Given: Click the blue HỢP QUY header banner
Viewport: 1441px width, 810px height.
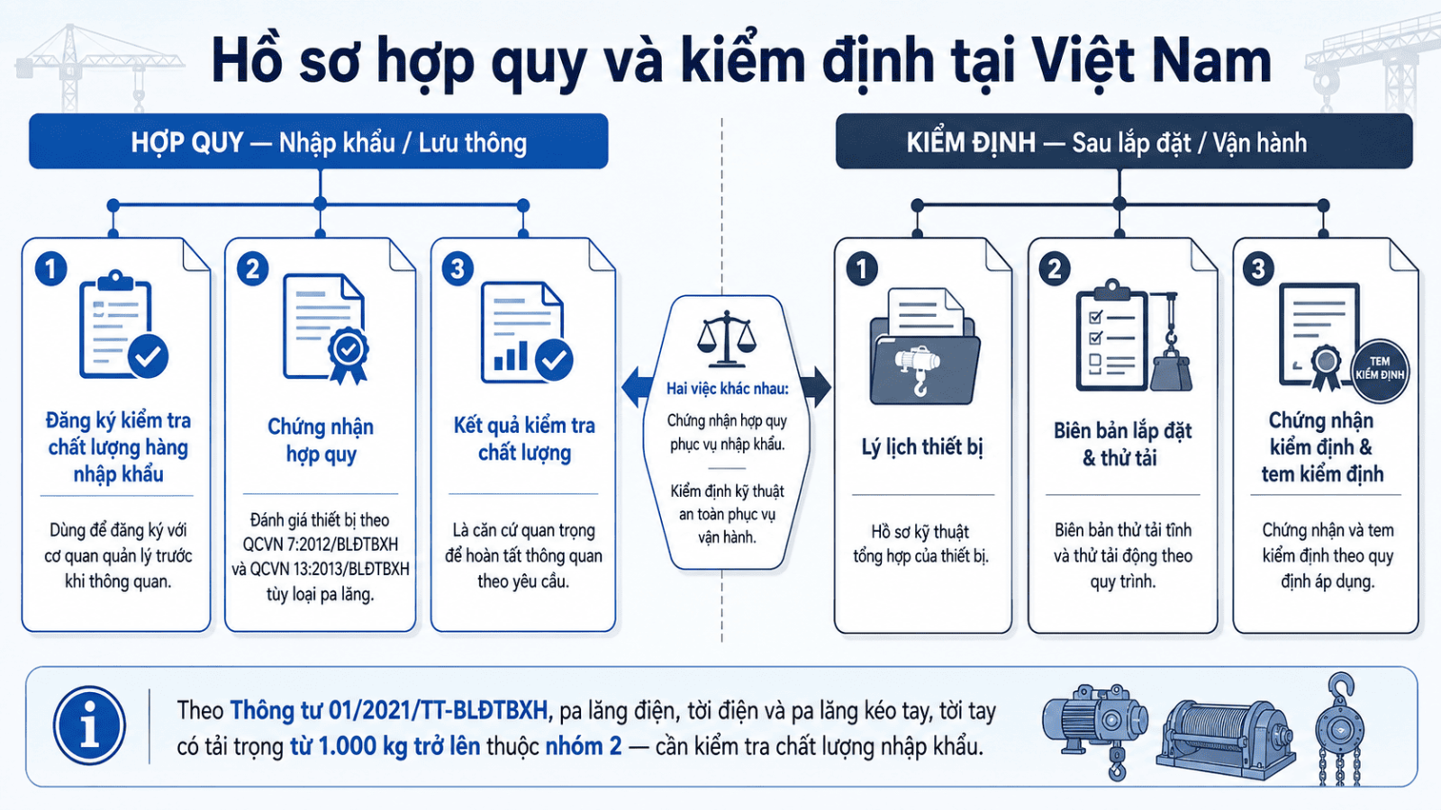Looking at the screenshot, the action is [319, 141].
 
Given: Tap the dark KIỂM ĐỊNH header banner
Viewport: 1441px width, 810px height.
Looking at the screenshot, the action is [1124, 141].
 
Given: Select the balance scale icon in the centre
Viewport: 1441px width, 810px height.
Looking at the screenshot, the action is [727, 338].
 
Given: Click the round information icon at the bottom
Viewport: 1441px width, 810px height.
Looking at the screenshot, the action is [89, 725].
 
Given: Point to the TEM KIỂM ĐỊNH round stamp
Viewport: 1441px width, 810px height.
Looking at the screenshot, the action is [1380, 371].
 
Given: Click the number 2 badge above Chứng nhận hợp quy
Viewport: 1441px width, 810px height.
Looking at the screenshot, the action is [253, 269].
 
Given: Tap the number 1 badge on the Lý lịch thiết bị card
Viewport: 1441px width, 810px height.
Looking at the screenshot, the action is [862, 269].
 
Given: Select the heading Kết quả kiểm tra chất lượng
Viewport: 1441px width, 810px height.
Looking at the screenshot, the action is [524, 439].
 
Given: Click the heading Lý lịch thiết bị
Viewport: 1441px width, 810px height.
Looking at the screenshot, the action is [922, 447].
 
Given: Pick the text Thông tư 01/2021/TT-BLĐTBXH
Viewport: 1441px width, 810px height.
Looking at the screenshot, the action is [388, 710].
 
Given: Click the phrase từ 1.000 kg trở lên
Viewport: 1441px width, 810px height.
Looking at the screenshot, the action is [385, 746].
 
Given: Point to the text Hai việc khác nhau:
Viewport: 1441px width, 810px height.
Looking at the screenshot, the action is [727, 389].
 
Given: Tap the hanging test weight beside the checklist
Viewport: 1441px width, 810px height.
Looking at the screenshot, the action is [1171, 370].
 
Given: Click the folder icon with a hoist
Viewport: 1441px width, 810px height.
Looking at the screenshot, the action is [924, 347].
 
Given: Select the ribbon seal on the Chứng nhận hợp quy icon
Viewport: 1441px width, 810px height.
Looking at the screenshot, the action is [348, 356].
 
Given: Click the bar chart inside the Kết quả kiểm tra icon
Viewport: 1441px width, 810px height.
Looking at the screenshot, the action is [511, 356].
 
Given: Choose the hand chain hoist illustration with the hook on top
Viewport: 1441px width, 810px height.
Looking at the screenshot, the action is [1341, 730].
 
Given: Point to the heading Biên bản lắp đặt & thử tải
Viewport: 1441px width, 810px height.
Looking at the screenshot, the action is [1122, 445].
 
